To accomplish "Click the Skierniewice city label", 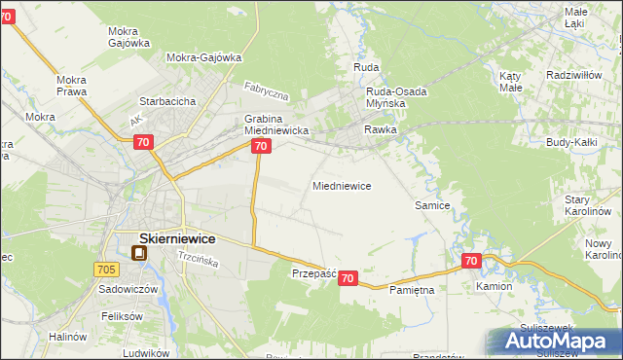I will (164, 237).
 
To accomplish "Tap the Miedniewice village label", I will (341, 185).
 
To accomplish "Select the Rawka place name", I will (380, 128).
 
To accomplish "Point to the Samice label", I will (431, 205).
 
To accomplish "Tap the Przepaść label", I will (313, 273).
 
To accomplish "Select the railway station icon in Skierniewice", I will (139, 253).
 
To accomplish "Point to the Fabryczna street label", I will (267, 92).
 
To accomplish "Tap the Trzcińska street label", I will (197, 260).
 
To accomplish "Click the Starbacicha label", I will (168, 100).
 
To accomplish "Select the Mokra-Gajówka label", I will (203, 57).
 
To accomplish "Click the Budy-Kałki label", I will (571, 143).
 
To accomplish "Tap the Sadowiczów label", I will (122, 289).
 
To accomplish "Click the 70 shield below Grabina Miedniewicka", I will (260, 146).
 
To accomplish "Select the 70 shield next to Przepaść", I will (349, 279).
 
